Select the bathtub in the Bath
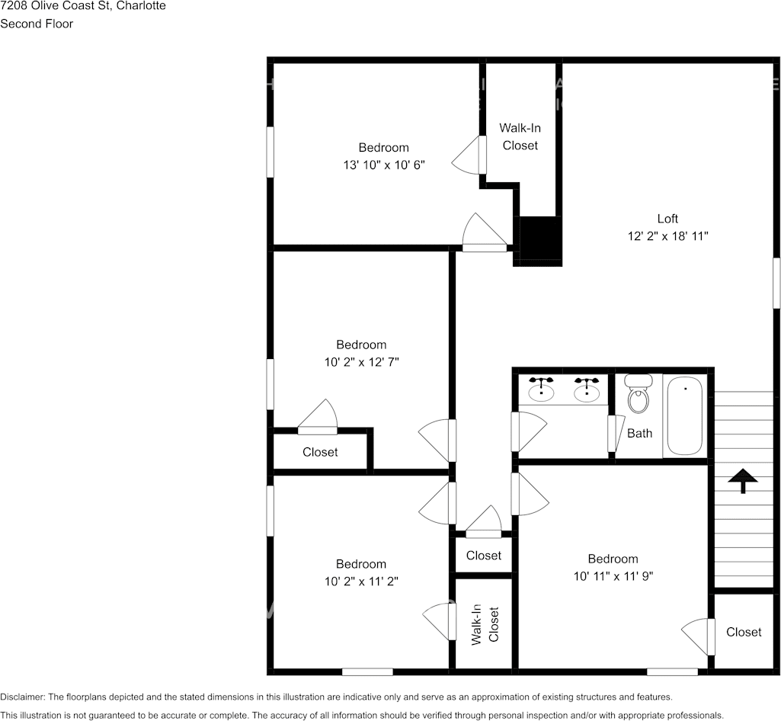685,417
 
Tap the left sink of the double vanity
542,390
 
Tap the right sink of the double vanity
587,390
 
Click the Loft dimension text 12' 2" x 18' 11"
668,237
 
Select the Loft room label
667,219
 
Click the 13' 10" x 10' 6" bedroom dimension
384,165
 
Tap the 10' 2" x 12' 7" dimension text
361,362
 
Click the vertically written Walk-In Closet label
484,625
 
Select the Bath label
640,434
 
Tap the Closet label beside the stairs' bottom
744,632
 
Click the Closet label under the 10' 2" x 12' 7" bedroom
320,452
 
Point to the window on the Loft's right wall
776,283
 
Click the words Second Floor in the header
37,24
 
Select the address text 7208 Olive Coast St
55,6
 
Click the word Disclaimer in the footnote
22,697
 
